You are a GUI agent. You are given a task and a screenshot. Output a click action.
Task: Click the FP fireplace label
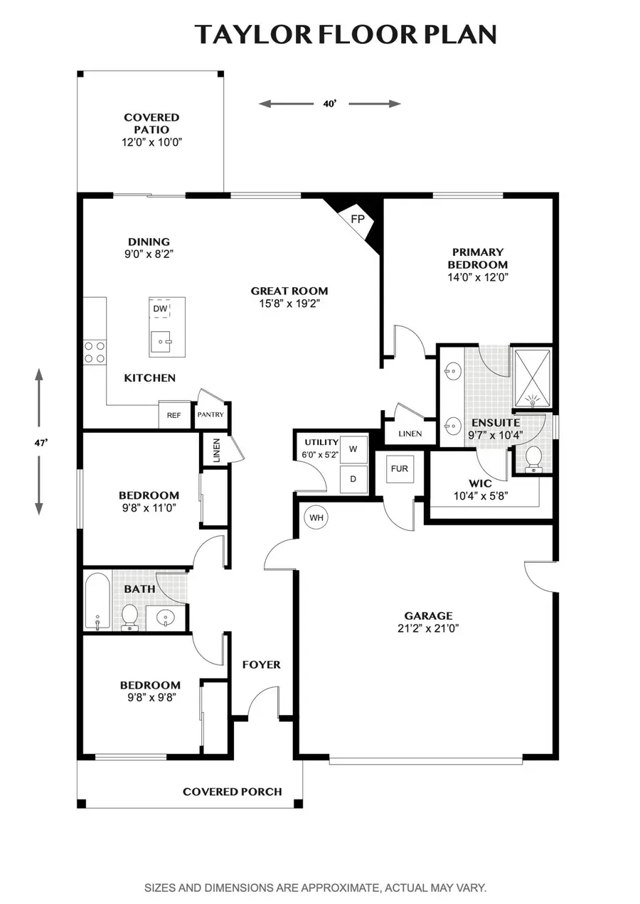(358, 219)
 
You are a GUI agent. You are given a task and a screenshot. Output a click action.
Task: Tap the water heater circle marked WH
(316, 517)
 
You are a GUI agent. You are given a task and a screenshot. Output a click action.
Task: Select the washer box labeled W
(353, 449)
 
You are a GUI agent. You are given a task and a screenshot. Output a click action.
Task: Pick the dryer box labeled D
(353, 479)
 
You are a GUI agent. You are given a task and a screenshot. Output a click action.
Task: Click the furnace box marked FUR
(400, 469)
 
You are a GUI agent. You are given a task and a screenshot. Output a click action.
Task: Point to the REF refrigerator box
(174, 415)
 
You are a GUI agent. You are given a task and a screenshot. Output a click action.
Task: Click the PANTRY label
(210, 415)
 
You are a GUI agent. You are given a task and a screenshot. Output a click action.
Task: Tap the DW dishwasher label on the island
(160, 309)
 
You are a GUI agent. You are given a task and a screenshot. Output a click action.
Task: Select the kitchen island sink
(163, 342)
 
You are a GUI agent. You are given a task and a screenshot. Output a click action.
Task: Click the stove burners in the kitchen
(95, 353)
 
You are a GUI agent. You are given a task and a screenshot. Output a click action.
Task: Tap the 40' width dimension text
(329, 104)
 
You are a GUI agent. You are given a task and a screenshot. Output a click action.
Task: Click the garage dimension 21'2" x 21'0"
(428, 628)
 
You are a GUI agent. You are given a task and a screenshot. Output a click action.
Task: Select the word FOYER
(261, 664)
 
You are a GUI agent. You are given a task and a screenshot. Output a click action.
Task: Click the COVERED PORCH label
(232, 791)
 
